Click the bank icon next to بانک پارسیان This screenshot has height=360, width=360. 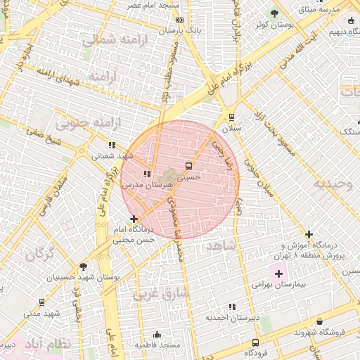[179, 20]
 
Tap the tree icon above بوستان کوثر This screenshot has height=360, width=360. [274, 13]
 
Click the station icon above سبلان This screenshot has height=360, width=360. [231, 118]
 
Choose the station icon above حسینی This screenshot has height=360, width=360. [188, 166]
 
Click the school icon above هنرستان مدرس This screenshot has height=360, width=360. [147, 173]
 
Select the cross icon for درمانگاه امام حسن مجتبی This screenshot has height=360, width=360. [134, 219]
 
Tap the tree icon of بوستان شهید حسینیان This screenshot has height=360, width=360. [83, 266]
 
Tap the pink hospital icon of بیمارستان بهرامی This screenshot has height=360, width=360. [278, 273]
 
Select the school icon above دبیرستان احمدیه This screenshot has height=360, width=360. [232, 307]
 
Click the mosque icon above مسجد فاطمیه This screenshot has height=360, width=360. [157, 334]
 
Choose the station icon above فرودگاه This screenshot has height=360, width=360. [255, 342]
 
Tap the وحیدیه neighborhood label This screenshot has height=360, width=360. [332, 184]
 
